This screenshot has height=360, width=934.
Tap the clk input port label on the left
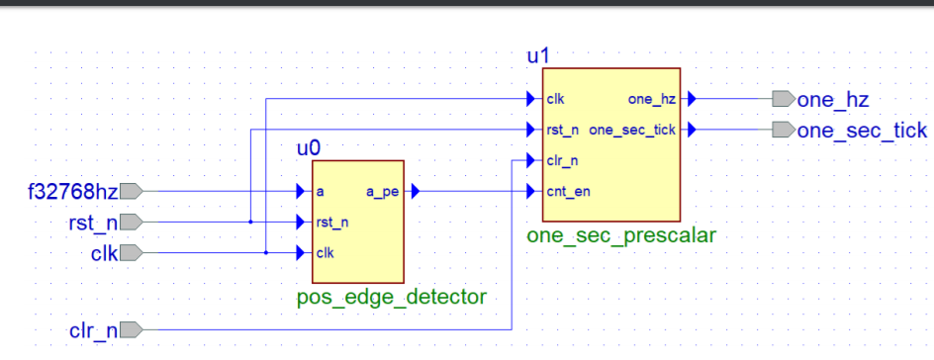coord(103,253)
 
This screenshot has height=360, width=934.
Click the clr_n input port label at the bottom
coord(93,328)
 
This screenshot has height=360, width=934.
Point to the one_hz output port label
coord(833,99)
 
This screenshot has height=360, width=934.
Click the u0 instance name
coord(309,148)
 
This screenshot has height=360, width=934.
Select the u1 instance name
coord(537,56)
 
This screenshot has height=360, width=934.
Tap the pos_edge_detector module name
coord(391,297)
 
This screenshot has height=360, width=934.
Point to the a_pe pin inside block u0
coord(382,192)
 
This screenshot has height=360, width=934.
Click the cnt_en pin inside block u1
coord(568,192)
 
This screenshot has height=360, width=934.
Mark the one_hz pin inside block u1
coord(652,99)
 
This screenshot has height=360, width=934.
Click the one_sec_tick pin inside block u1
coord(632,130)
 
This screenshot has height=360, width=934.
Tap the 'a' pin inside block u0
coord(320,192)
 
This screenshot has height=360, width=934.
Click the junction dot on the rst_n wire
coord(250,223)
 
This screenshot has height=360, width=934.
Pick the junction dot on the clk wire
coord(266,253)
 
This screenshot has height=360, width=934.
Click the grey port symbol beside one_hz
coord(783,99)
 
